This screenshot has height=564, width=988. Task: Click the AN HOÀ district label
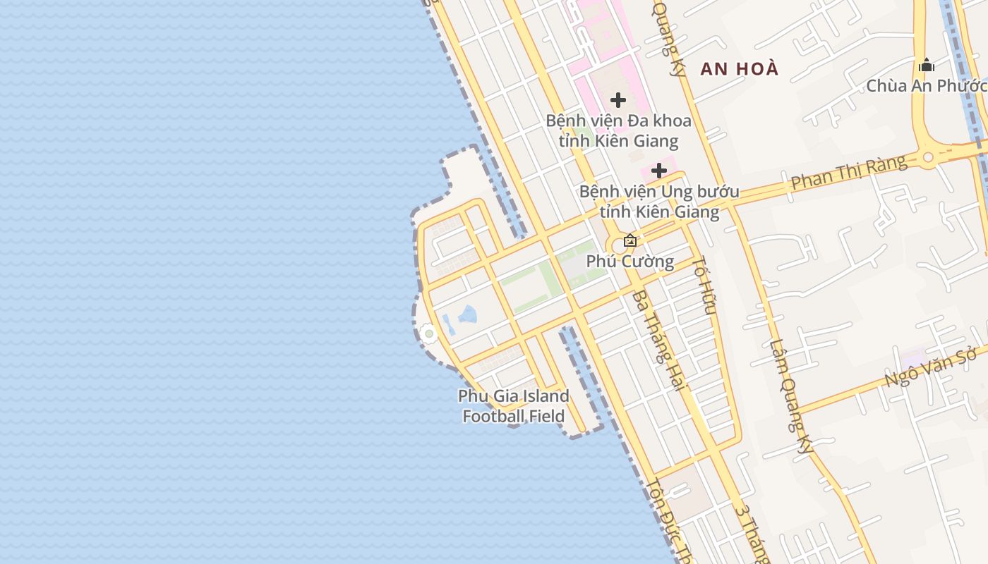(739, 68)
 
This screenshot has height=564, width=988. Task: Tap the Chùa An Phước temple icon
(927, 66)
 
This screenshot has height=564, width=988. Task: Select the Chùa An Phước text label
(925, 86)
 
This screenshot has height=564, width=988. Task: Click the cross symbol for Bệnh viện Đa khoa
(618, 100)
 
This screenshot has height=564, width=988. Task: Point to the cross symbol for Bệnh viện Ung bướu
(659, 171)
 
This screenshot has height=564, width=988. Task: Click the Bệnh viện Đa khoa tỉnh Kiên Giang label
(619, 130)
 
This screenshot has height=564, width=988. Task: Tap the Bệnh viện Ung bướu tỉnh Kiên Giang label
(659, 201)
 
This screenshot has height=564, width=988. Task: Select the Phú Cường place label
(630, 262)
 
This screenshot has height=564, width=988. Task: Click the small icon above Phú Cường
(630, 241)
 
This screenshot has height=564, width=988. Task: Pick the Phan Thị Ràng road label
(848, 173)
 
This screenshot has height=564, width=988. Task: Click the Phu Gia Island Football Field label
(514, 406)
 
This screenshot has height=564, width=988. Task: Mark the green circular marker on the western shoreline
(428, 333)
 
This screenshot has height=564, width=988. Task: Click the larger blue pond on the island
(466, 314)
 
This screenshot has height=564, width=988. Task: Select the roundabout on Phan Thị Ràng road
(927, 157)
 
